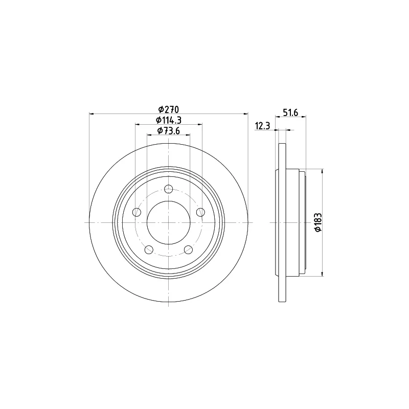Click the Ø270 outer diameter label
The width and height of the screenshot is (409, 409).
click(x=169, y=109)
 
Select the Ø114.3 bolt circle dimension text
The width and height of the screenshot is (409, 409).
click(x=169, y=120)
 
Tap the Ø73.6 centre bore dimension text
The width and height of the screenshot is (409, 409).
click(x=169, y=130)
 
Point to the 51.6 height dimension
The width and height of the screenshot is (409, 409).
click(x=290, y=112)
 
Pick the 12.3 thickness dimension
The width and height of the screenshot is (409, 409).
click(x=262, y=126)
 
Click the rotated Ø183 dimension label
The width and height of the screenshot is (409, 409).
click(x=318, y=222)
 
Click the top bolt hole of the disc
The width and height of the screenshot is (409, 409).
click(x=169, y=189)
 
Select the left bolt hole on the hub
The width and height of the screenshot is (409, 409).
click(x=137, y=212)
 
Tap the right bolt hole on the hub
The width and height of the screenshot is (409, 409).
click(x=200, y=212)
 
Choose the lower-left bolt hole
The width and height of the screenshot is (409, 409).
click(x=149, y=249)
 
